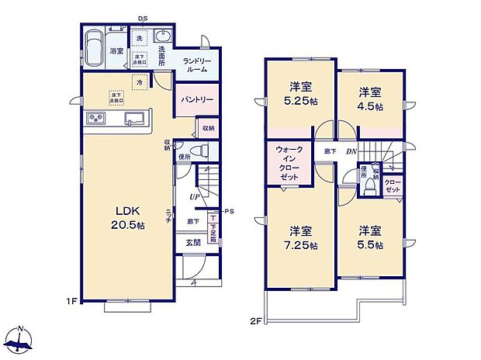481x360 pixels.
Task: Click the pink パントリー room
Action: pos(198,100)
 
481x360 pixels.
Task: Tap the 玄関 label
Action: pos(192,242)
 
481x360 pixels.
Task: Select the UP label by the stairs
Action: pos(193,197)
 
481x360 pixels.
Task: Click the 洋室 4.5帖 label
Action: pos(369,99)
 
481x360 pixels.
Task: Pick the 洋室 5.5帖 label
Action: pos(369,237)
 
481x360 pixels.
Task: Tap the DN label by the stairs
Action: pos(351,152)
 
